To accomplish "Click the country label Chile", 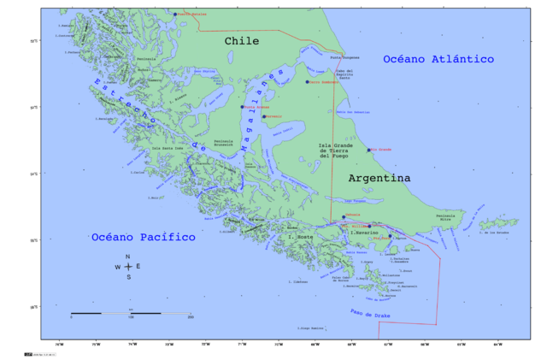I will (242, 41).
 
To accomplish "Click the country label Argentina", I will (379, 178).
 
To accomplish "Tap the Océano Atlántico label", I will (438, 59).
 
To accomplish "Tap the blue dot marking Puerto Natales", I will (175, 15).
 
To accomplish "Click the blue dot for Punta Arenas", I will (243, 108).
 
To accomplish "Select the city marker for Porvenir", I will (264, 116).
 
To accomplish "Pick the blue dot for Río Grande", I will (369, 150).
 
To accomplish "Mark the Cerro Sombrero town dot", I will (308, 82).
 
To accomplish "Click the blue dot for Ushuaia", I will (344, 217).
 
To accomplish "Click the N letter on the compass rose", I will (128, 257).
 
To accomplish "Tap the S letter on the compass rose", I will (128, 277).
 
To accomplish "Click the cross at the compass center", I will (128, 267).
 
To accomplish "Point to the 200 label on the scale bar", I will (190, 317).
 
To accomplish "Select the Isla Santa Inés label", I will (168, 148).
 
